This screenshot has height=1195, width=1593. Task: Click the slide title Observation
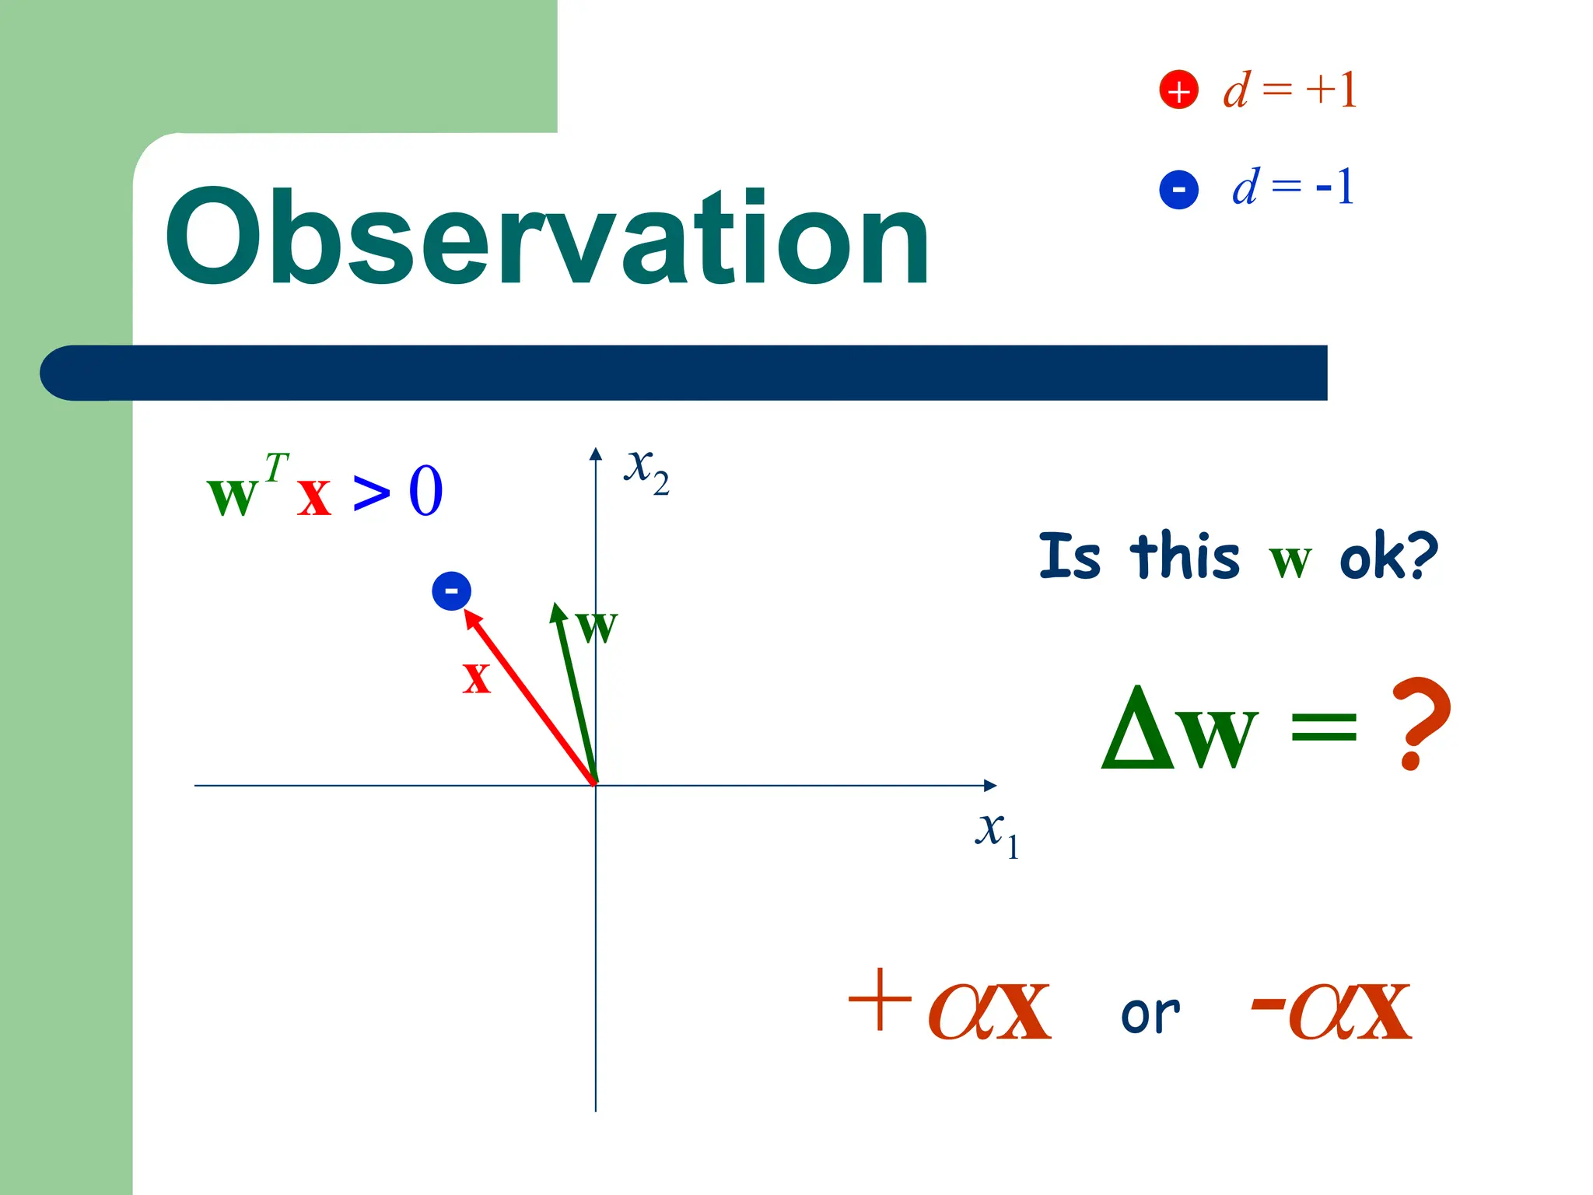[x=547, y=238]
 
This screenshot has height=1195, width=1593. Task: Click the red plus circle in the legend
[x=1178, y=90]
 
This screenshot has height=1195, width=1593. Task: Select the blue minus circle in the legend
[x=1178, y=190]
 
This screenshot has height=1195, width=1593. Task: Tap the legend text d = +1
[x=1290, y=90]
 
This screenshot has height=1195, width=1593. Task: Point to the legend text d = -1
[x=1293, y=187]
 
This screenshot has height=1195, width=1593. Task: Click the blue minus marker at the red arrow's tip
[x=451, y=591]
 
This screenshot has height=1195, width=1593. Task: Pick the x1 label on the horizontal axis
[x=996, y=833]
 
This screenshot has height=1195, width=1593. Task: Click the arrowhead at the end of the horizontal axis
[x=990, y=786]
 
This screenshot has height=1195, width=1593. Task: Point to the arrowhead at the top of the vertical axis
[x=596, y=454]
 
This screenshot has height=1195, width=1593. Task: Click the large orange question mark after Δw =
[x=1420, y=724]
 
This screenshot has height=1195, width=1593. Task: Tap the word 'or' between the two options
[x=1150, y=1015]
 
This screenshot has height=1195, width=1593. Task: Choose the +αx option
[x=950, y=1004]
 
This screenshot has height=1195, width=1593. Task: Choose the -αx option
[x=1331, y=1008]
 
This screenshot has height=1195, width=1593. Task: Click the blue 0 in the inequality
[x=425, y=492]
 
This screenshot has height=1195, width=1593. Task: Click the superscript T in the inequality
[x=276, y=468]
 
